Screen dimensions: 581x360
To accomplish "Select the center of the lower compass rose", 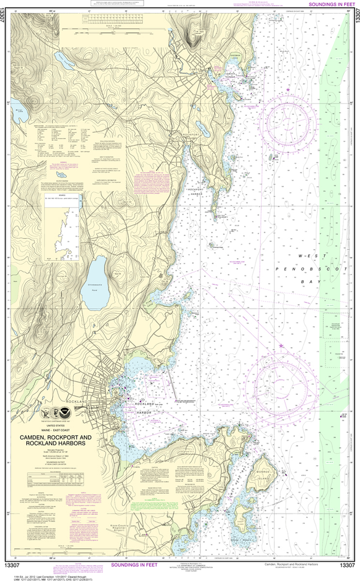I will coord(284,379).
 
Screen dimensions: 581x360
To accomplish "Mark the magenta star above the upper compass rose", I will coord(288,90).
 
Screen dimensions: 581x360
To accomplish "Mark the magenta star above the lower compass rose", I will coord(280,346).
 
